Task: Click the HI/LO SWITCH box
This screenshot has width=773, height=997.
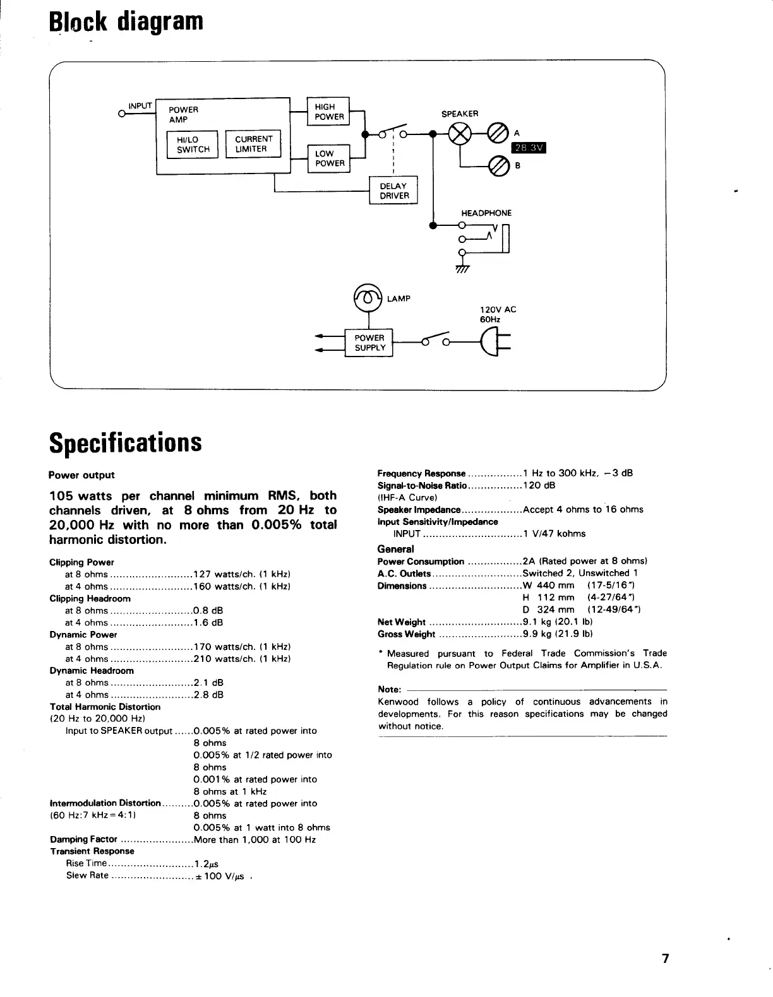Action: click(x=193, y=145)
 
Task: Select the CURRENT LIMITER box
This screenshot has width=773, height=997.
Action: click(x=253, y=145)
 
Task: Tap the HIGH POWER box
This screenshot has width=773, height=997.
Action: click(x=328, y=112)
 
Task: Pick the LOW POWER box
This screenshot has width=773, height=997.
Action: click(x=328, y=158)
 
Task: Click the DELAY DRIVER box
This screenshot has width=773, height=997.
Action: click(x=393, y=191)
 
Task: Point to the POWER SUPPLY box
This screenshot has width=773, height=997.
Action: click(x=369, y=343)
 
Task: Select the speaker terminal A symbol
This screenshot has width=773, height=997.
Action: click(x=498, y=134)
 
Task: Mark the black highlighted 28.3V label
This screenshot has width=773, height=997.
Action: click(x=528, y=148)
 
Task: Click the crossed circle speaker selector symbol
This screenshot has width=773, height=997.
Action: click(x=459, y=134)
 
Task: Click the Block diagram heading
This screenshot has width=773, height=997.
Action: click(x=126, y=21)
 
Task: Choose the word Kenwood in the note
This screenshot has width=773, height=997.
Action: click(x=398, y=702)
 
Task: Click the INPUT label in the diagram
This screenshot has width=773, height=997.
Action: click(x=140, y=106)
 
